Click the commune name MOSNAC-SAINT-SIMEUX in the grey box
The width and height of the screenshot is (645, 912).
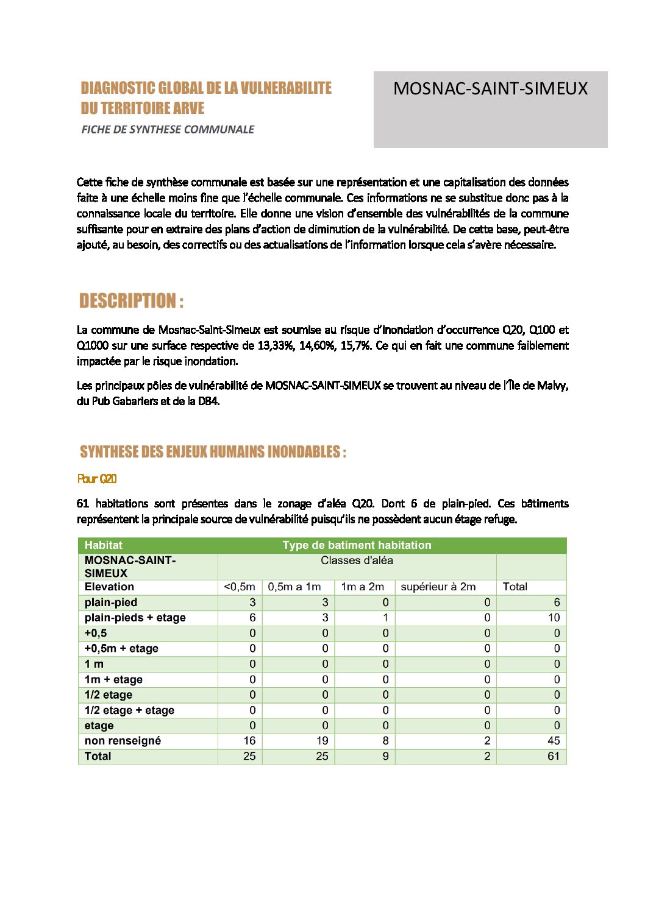pyautogui.click(x=490, y=89)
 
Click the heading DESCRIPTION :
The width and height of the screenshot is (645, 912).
pyautogui.click(x=131, y=301)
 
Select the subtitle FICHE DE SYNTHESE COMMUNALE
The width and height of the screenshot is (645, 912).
pyautogui.click(x=168, y=129)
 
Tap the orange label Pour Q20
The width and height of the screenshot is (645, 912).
pyautogui.click(x=97, y=479)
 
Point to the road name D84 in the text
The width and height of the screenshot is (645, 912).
pyautogui.click(x=208, y=401)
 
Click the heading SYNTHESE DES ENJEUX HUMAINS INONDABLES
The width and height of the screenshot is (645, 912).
pyautogui.click(x=213, y=452)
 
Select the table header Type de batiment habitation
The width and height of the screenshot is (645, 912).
pyautogui.click(x=357, y=545)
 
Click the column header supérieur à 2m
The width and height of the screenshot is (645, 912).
pyautogui.click(x=438, y=587)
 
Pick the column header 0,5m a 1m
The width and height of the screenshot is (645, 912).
pyautogui.click(x=294, y=587)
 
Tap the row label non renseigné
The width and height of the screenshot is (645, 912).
pyautogui.click(x=123, y=741)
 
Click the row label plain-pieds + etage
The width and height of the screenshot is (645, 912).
pyautogui.click(x=135, y=618)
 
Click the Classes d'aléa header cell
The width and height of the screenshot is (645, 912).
pyautogui.click(x=357, y=560)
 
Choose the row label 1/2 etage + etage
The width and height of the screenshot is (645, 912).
pyautogui.click(x=129, y=710)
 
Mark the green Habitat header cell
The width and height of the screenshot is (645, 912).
pyautogui.click(x=104, y=545)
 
